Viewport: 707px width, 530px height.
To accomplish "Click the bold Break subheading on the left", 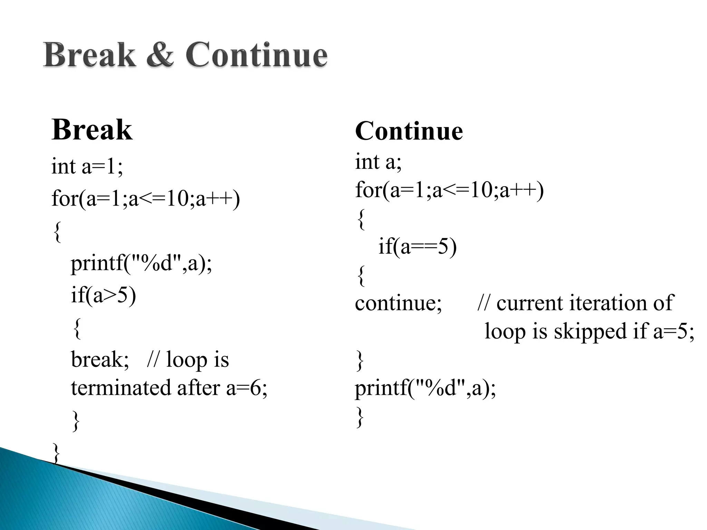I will pyautogui.click(x=92, y=130).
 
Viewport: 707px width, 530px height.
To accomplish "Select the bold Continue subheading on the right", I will pyautogui.click(x=409, y=131).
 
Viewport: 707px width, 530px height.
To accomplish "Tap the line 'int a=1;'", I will pyautogui.click(x=87, y=166).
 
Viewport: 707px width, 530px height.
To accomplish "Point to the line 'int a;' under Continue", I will pyautogui.click(x=378, y=161).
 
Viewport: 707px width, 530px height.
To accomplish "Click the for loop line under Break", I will pyautogui.click(x=145, y=199).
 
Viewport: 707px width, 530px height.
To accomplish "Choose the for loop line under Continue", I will pyautogui.click(x=449, y=190).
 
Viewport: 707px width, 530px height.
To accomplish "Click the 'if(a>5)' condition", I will pyautogui.click(x=103, y=295).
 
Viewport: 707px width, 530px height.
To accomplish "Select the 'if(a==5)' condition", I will pyautogui.click(x=417, y=247).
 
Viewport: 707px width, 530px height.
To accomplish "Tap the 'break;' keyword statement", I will pyautogui.click(x=100, y=360).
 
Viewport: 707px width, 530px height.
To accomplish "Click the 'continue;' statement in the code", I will pyautogui.click(x=398, y=303).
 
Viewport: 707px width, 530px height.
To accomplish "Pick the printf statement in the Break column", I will pyautogui.click(x=141, y=264).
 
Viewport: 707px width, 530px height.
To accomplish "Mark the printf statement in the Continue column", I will pyautogui.click(x=425, y=388).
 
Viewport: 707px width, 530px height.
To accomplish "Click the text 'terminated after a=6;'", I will pyautogui.click(x=169, y=388).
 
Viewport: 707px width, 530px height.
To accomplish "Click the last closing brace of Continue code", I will pyautogui.click(x=360, y=417).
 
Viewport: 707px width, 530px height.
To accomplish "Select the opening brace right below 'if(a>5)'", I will pyautogui.click(x=77, y=328).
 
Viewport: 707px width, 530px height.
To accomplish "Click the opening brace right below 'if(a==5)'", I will pyautogui.click(x=361, y=275).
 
